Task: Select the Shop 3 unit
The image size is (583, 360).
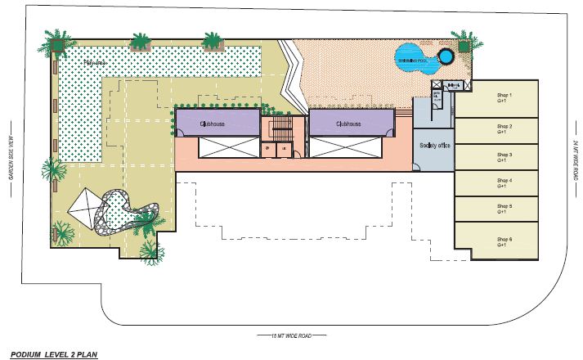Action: pyautogui.click(x=496, y=156)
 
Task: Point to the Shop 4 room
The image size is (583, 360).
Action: pyautogui.click(x=496, y=183)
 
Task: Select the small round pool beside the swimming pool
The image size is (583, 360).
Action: pyautogui.click(x=446, y=57)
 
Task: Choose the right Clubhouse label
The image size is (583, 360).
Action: pyautogui.click(x=347, y=124)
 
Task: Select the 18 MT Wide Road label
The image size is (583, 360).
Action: pyautogui.click(x=291, y=335)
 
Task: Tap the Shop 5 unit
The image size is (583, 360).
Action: pyautogui.click(x=496, y=209)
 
